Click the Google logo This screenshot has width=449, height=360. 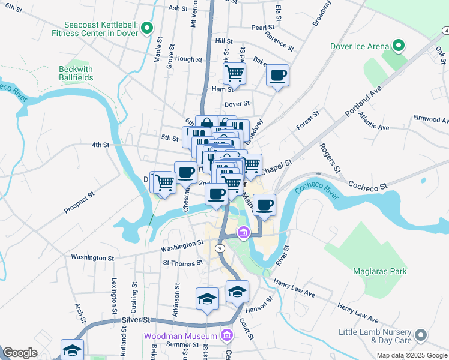click(x=20, y=353)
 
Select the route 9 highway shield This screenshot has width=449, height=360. click(x=220, y=248)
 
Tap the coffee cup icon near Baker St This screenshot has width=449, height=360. click(x=277, y=76)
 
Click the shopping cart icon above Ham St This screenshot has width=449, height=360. click(x=234, y=74)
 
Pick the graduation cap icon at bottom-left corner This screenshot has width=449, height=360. click(x=72, y=349)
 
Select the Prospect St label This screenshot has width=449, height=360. click(x=79, y=203)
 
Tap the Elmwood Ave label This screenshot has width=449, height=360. click(x=430, y=118)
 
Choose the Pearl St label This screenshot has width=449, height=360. click(x=262, y=28)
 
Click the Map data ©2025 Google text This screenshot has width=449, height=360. click(x=411, y=355)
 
